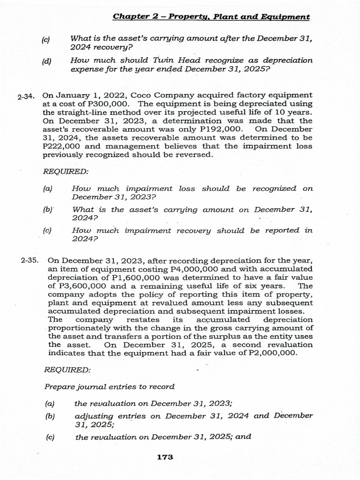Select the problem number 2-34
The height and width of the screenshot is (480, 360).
27,97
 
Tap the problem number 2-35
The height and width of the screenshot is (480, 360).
30,260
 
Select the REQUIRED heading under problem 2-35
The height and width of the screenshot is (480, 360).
67,370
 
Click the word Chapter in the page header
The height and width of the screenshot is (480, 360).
128,17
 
